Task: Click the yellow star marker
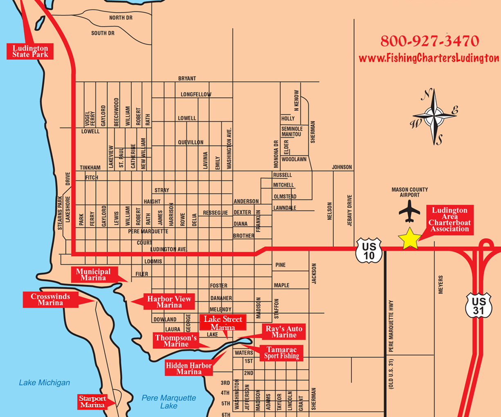[x=410, y=240]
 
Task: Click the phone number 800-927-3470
[x=429, y=41]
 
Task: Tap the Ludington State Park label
[x=30, y=51]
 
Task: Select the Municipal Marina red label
[x=93, y=274]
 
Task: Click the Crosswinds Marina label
[x=50, y=299]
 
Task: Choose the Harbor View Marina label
[x=169, y=302]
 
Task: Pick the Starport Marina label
[x=92, y=401]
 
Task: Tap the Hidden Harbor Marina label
[x=189, y=368]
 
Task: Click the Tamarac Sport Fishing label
[x=281, y=352]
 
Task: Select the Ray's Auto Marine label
[x=284, y=332]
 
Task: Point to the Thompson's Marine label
[x=176, y=341]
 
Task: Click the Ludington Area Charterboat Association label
[x=449, y=220]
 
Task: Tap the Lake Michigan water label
[x=44, y=383]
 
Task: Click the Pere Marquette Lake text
[x=168, y=401]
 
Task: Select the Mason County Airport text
[x=409, y=192]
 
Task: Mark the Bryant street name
[x=187, y=78]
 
